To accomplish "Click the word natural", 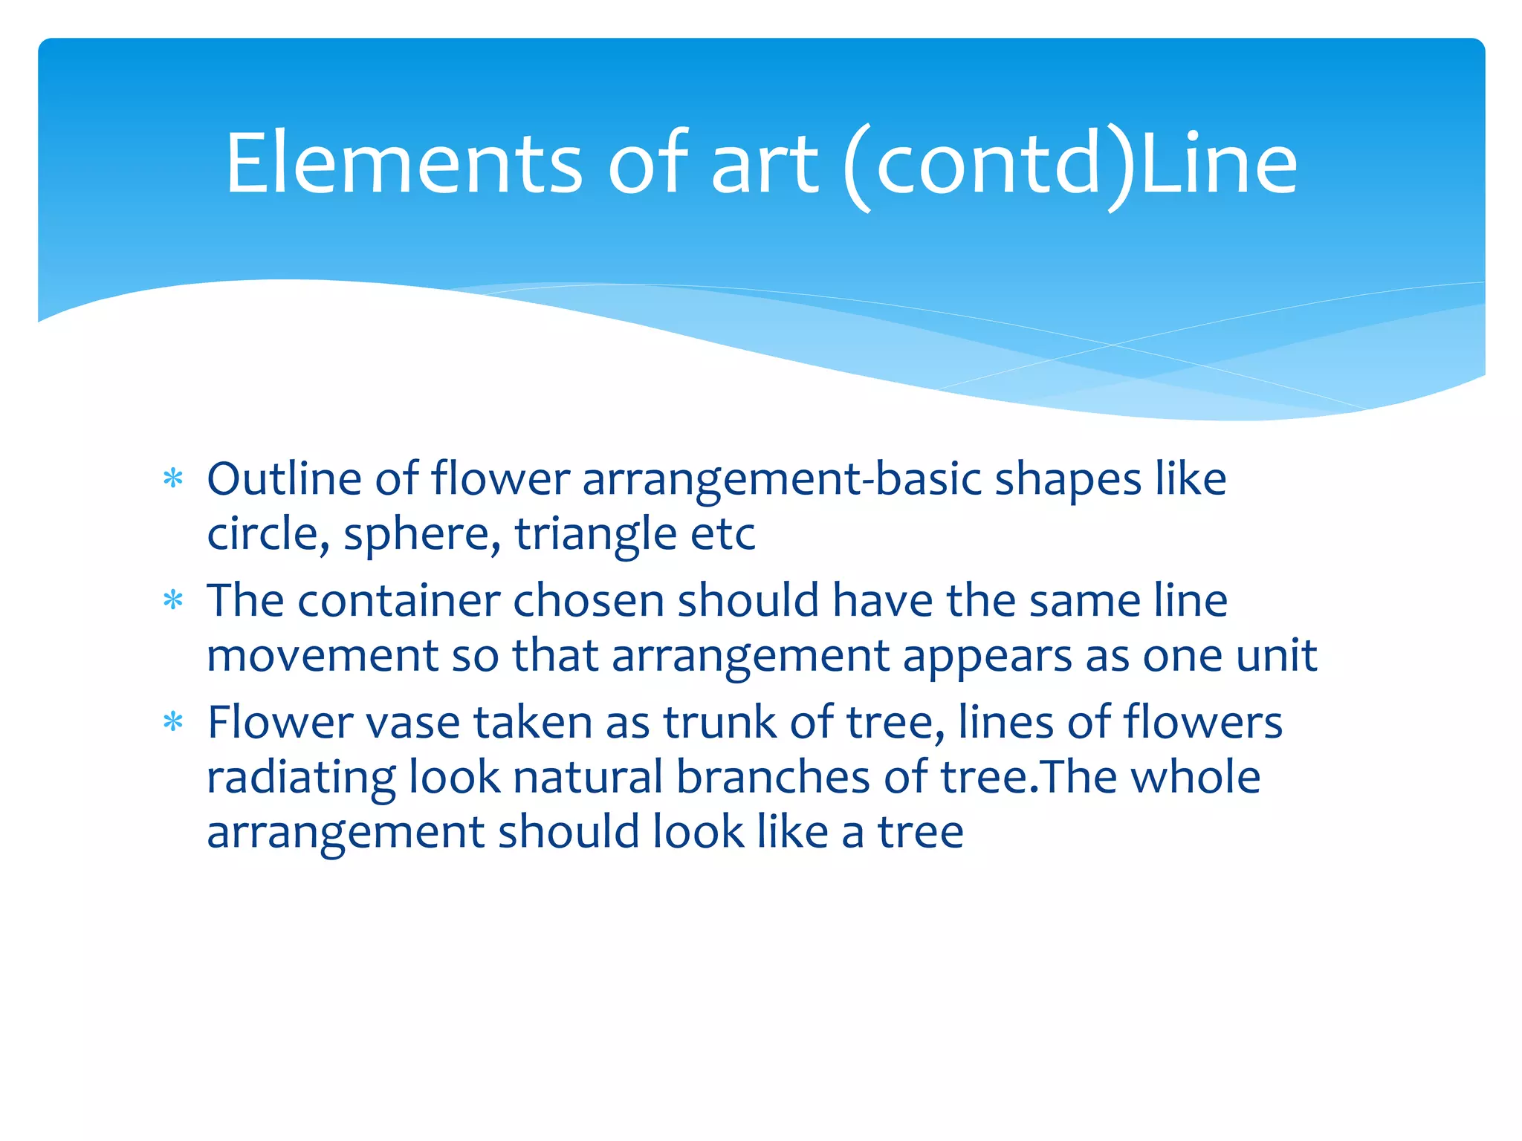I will [x=588, y=778].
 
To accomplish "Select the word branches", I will [x=773, y=778].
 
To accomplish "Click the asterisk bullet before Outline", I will [x=173, y=479].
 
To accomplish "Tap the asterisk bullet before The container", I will [x=173, y=600].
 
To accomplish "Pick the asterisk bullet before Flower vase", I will [x=173, y=722].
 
